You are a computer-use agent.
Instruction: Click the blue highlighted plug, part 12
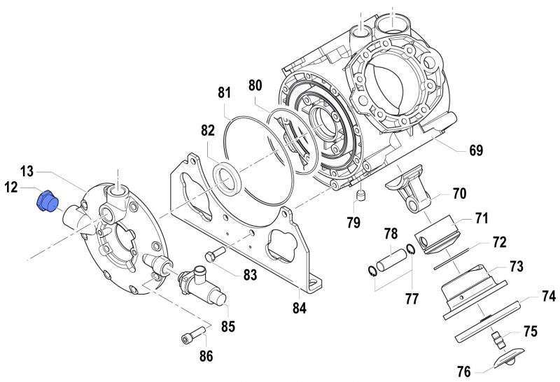[47, 201]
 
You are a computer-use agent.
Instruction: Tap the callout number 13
[27, 171]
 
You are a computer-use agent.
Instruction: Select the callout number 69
[476, 150]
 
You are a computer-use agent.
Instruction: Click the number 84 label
[300, 306]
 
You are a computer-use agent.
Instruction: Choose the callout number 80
[255, 86]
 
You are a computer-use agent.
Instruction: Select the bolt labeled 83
[213, 253]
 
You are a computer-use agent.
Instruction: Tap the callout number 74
[547, 297]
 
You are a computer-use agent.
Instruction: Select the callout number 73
[516, 267]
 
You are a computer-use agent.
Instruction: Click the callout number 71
[481, 218]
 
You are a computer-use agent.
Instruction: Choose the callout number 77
[412, 298]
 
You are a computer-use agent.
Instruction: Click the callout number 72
[498, 242]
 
